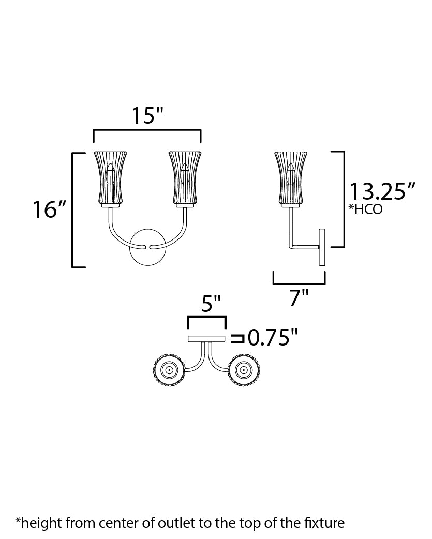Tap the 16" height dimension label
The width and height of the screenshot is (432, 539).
(x=49, y=209)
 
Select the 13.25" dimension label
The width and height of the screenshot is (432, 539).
(x=382, y=191)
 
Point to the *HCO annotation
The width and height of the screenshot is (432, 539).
(x=365, y=209)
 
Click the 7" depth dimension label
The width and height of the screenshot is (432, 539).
(x=299, y=297)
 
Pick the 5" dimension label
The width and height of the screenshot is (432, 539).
(x=211, y=304)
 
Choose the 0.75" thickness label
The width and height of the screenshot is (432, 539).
(x=272, y=338)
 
